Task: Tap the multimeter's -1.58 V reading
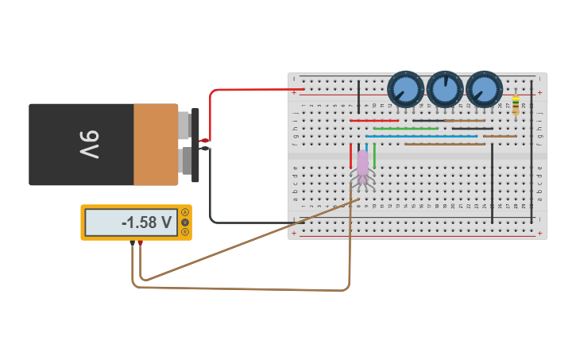coord(147,223)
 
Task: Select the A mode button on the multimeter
coord(185,212)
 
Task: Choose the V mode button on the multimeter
coord(185,223)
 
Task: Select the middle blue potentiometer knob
coord(445,89)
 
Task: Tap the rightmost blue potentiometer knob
coord(484,89)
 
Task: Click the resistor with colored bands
coord(516,105)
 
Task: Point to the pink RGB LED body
coord(362,163)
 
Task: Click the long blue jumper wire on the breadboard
coord(421,136)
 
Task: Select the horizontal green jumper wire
coord(405,128)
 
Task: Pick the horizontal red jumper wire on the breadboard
coord(373,121)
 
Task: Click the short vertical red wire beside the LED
coord(350,155)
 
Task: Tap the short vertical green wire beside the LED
coord(374,155)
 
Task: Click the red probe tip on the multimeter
coord(141,243)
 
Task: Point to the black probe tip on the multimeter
coord(132,243)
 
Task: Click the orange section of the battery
coord(156,145)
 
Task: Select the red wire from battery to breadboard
coord(238,90)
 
